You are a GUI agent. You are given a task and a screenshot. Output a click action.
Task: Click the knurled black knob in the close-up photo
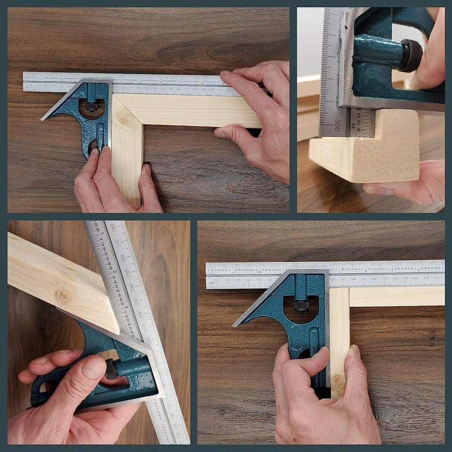coord(411,56)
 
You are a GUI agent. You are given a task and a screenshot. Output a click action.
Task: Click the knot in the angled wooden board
coord(63,296)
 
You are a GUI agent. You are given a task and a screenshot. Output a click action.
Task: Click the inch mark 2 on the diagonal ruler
coord(114,272)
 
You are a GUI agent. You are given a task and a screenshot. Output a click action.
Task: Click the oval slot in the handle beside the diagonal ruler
coord(41,387)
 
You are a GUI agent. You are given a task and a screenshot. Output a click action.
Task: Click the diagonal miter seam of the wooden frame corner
coord(127,112)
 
